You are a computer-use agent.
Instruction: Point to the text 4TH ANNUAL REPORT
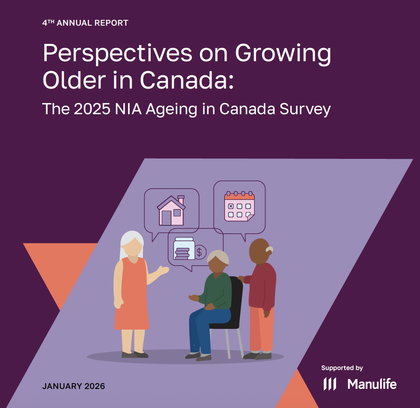(x=85, y=23)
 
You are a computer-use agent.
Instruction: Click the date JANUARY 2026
(x=73, y=386)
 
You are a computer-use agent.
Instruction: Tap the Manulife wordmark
(x=372, y=384)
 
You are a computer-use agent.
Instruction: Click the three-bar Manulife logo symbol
(x=330, y=384)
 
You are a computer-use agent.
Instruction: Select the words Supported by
(x=342, y=368)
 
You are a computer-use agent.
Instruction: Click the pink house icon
(x=170, y=211)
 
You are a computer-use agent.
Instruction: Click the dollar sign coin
(x=200, y=252)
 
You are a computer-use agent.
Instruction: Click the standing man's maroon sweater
(x=262, y=286)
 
